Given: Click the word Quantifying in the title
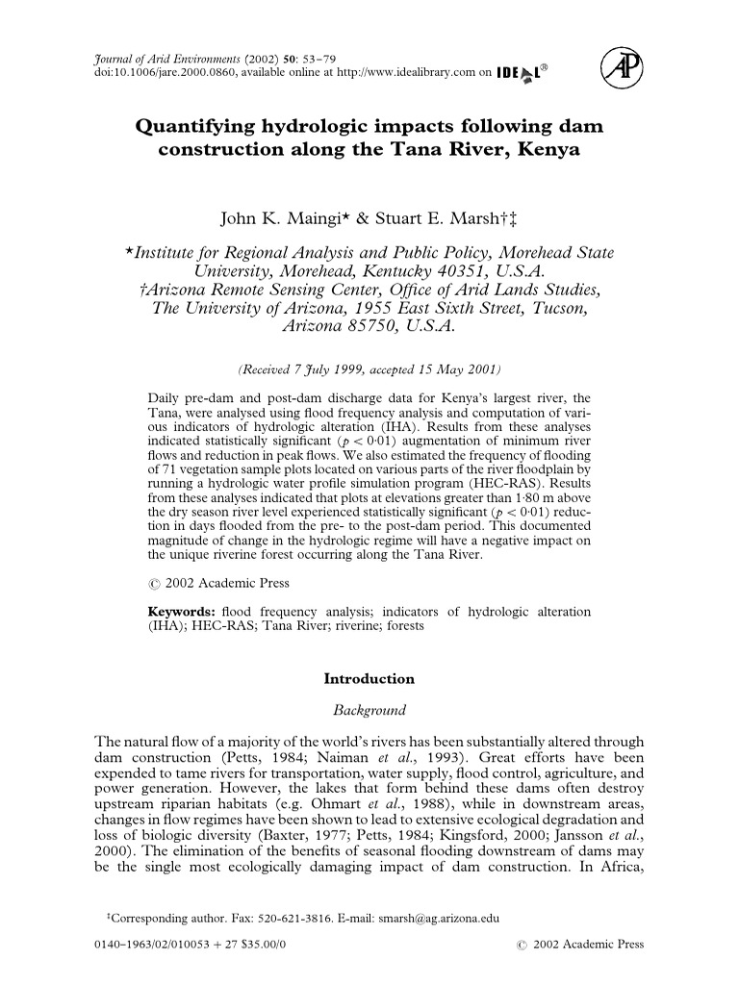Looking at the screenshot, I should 200,128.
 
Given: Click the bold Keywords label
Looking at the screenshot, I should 182,612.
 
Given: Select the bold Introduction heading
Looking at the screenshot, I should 369,678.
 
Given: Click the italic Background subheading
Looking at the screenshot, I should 369,711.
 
